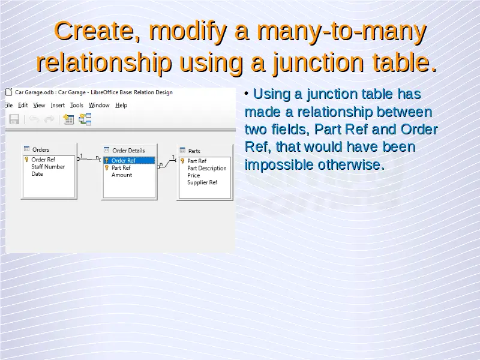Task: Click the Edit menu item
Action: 23,106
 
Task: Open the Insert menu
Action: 58,106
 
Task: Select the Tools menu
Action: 77,106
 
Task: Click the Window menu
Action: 99,106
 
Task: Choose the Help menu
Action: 121,106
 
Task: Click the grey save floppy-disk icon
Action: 14,119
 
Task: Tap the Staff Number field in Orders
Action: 48,167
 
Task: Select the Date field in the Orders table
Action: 37,174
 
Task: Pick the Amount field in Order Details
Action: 122,175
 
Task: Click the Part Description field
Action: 207,169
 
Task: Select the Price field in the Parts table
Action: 193,175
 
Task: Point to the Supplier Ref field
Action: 202,182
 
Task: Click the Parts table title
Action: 194,151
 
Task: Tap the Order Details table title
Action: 128,151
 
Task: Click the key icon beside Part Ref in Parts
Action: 182,161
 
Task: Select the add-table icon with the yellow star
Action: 68,119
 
